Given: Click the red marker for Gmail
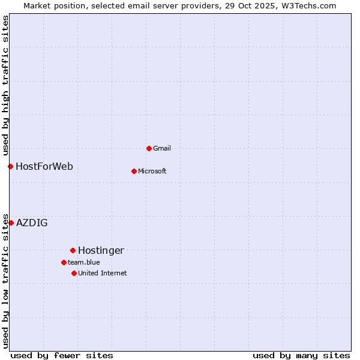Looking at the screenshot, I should pyautogui.click(x=149, y=148).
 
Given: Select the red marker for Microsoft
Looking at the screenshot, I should pyautogui.click(x=134, y=171).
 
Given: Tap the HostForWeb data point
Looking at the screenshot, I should pyautogui.click(x=10, y=166).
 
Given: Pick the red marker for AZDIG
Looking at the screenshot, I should pyautogui.click(x=11, y=223).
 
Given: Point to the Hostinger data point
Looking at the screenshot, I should pyautogui.click(x=73, y=250).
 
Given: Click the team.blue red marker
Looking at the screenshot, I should pyautogui.click(x=64, y=262).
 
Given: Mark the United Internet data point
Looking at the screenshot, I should pyautogui.click(x=74, y=273).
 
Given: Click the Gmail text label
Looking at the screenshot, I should pyautogui.click(x=162, y=148).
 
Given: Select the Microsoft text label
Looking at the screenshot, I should pyautogui.click(x=152, y=171).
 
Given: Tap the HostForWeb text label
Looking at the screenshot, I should pyautogui.click(x=44, y=166).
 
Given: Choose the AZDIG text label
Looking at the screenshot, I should pyautogui.click(x=32, y=223).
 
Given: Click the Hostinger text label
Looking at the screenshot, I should pyautogui.click(x=101, y=250).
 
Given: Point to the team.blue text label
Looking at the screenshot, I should pyautogui.click(x=83, y=262).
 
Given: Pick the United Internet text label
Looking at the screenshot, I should pyautogui.click(x=102, y=273).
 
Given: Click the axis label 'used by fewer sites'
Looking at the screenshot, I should pyautogui.click(x=62, y=355).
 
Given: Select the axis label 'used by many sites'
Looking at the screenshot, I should pyautogui.click(x=301, y=355).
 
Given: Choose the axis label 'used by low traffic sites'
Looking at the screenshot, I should pyautogui.click(x=5, y=280).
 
